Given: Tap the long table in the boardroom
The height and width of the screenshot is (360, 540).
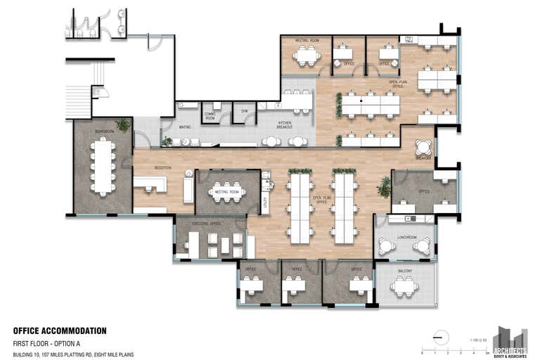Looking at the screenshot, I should coord(103,166).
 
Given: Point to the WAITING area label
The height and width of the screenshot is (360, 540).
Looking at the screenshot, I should coord(185,127).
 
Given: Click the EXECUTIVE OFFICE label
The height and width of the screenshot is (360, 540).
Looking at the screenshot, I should coord(207,223).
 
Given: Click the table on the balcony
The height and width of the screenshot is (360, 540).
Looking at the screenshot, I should coord(404,285).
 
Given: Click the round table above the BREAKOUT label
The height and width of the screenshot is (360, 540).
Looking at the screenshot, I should coord(424,147).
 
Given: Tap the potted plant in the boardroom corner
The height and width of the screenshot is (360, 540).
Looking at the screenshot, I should coord(124,125).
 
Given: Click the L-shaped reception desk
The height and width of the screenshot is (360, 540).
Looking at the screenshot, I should coord(150,184).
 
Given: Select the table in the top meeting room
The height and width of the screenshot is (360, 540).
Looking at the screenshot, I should coord(307,56).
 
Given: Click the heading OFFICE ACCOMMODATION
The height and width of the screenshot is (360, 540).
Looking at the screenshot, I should coord(60,330).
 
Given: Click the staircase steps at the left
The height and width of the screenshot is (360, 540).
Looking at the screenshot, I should coord(78,102).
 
